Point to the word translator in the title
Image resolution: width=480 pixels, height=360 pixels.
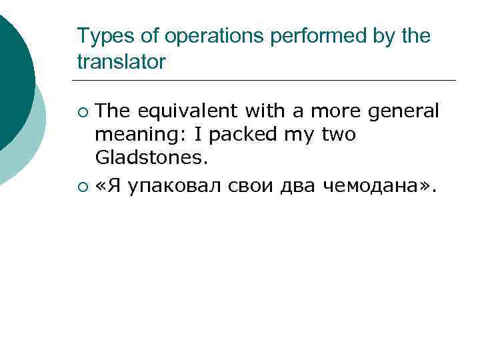pos(121,62)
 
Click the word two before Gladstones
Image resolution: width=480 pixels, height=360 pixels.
pos(339,135)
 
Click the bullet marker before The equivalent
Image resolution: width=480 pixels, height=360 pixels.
pos(83,111)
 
